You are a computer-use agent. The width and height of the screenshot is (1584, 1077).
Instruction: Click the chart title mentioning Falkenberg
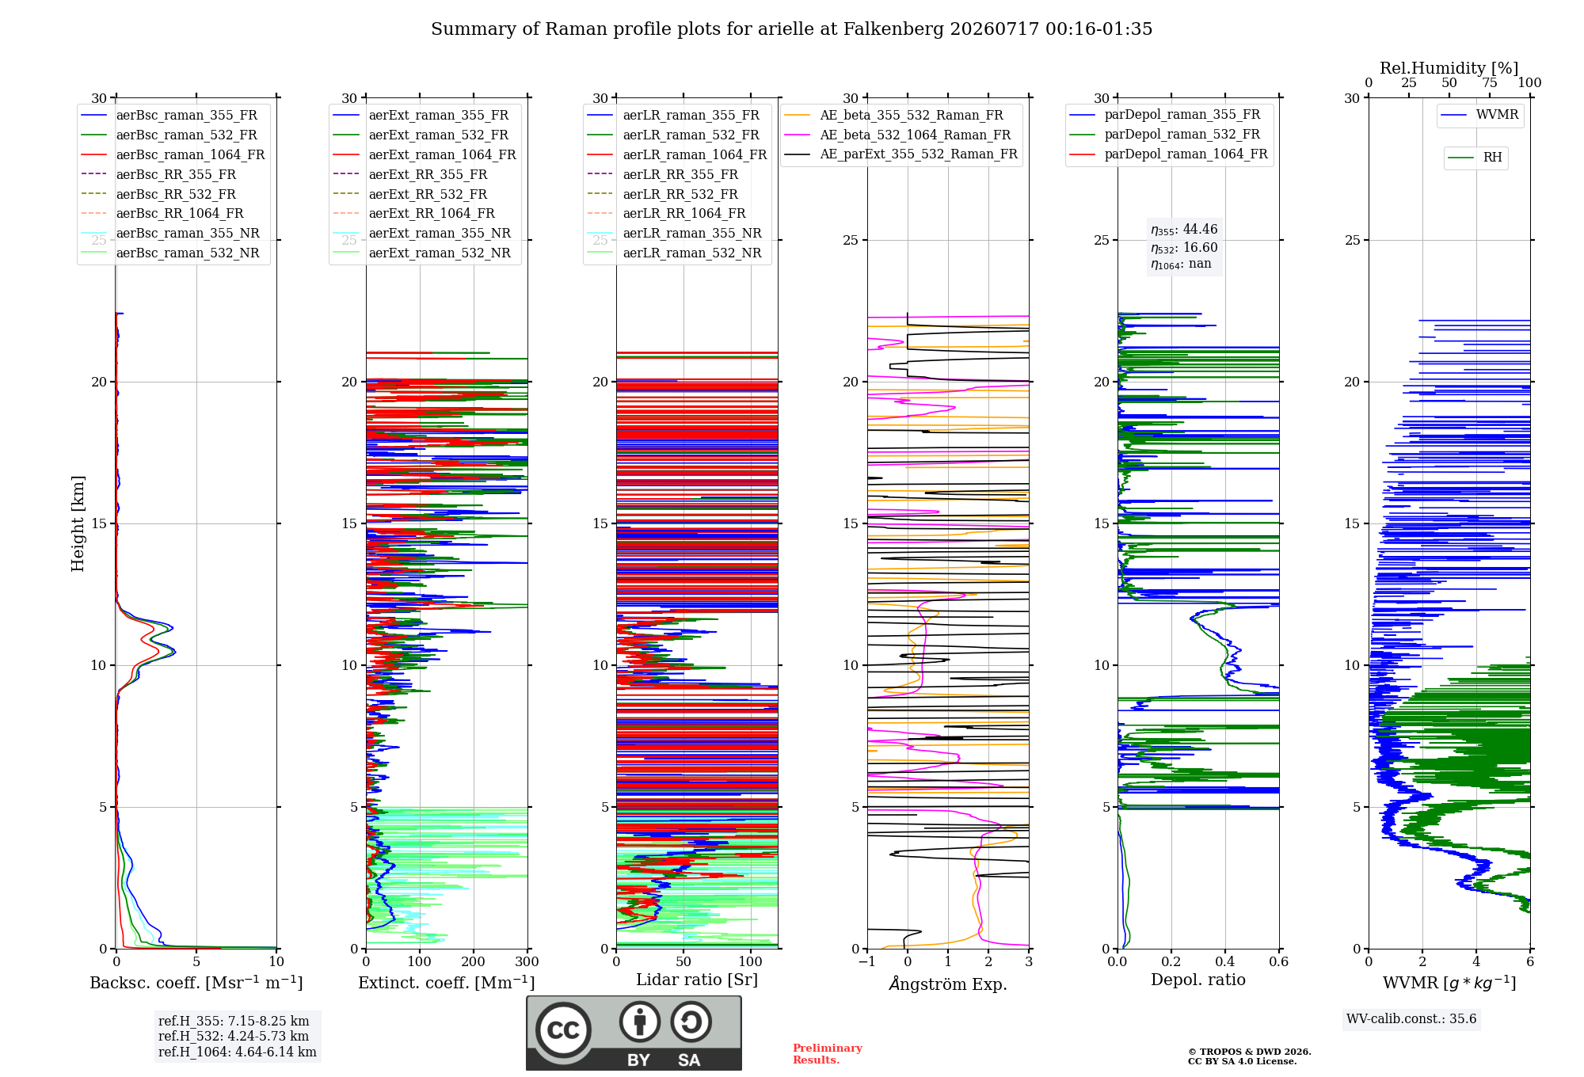pos(791,29)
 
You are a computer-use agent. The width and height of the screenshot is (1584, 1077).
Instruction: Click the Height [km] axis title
pos(78,523)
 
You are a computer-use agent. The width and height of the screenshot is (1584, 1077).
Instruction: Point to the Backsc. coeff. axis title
pos(196,983)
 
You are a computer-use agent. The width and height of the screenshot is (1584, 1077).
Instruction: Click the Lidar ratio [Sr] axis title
pos(697,980)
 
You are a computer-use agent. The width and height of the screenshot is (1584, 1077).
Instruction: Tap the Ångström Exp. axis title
pos(948,984)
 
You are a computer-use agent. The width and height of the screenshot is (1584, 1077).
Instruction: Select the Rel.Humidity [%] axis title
pos(1449,68)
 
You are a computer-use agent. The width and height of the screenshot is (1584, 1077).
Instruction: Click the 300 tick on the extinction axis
pos(527,962)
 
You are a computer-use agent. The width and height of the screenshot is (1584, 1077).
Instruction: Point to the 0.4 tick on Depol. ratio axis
pos(1225,962)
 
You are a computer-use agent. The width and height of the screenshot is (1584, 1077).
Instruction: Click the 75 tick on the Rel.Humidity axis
pos(1490,83)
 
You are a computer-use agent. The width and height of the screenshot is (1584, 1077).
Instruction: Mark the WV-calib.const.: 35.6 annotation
pos(1411,1019)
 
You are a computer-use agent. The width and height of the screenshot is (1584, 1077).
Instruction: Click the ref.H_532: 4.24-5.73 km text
pos(234,1037)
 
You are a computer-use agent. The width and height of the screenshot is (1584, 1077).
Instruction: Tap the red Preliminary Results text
pos(828,1054)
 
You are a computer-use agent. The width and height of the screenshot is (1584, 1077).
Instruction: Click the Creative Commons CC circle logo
pos(563,1030)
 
